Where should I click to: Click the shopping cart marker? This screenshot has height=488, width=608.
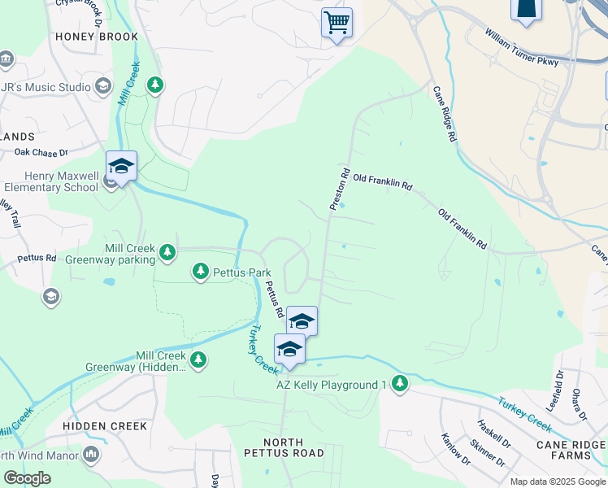coord(337,22)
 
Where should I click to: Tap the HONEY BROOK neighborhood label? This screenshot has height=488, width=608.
coord(97,37)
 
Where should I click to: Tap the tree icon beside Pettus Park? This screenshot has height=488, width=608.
coord(201,271)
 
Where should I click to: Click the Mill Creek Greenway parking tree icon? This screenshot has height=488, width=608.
coord(167,252)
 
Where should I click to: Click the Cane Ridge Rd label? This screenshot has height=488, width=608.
coord(443,115)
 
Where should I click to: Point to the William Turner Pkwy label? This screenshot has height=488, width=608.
coord(521,49)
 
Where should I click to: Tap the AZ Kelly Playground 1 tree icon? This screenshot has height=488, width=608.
coord(399,383)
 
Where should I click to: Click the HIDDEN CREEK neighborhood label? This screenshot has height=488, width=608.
coord(105,426)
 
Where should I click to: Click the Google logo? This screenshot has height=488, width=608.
coord(27,478)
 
